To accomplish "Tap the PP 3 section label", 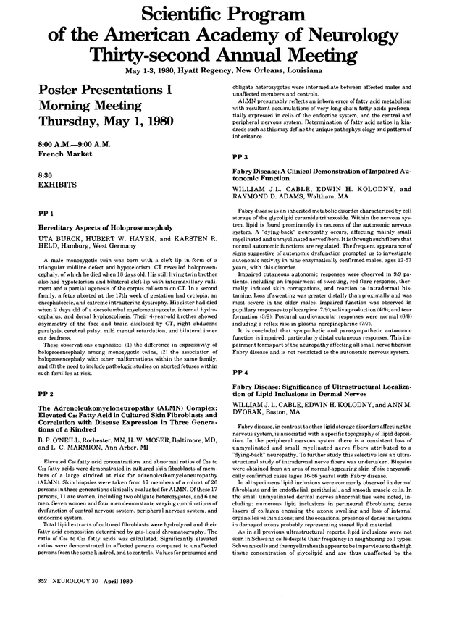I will (x=240, y=157).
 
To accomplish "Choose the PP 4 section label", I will (x=240, y=373).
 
